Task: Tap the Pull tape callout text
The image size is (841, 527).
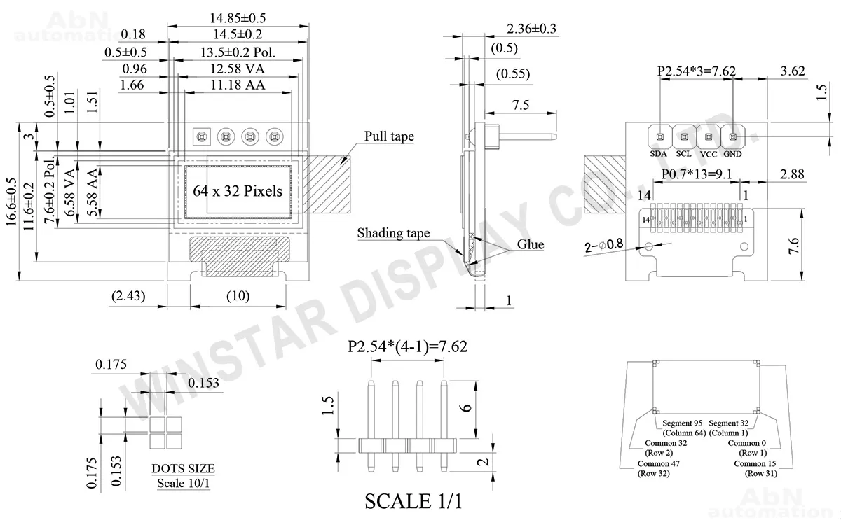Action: [x=389, y=136]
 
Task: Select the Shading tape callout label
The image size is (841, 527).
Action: [x=393, y=233]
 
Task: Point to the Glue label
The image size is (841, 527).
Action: [x=530, y=244]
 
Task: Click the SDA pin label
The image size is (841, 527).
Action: [x=658, y=154]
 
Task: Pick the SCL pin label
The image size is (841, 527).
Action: [x=684, y=154]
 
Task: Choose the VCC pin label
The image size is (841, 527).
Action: [x=709, y=155]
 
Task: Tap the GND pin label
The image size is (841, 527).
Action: [x=732, y=154]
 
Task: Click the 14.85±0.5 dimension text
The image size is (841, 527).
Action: [x=238, y=18]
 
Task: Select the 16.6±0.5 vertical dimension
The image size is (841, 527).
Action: [x=12, y=202]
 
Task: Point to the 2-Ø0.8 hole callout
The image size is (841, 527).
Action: [x=603, y=246]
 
